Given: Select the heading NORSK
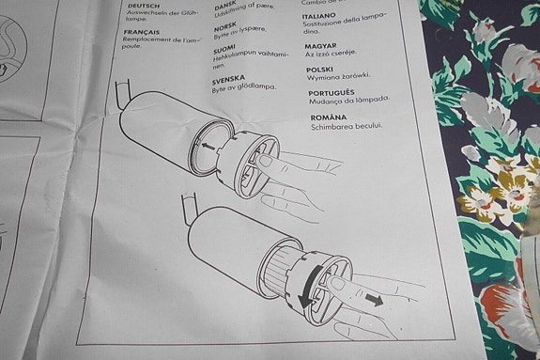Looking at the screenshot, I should point(228,25).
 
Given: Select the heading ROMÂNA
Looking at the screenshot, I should point(329,117).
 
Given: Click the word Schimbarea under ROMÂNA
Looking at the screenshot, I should point(332,126).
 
